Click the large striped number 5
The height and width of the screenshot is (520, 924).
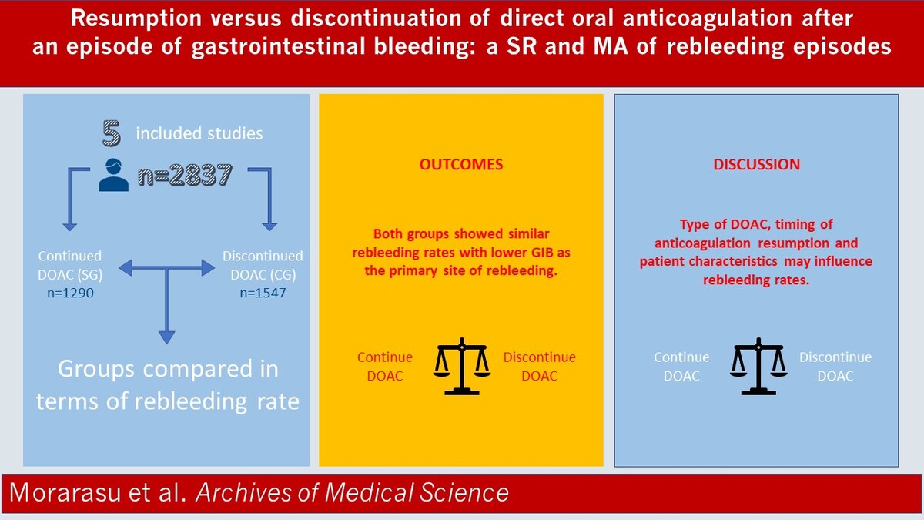pyautogui.click(x=112, y=133)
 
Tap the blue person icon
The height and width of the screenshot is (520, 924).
pyautogui.click(x=113, y=175)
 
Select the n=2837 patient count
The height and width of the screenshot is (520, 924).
pyautogui.click(x=186, y=175)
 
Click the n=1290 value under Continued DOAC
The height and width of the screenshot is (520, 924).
pyautogui.click(x=70, y=293)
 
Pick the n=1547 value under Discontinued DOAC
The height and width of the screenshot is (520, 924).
pyautogui.click(x=263, y=293)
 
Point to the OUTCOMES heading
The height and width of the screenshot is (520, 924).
pyautogui.click(x=461, y=164)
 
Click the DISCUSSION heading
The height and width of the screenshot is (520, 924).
pyautogui.click(x=756, y=164)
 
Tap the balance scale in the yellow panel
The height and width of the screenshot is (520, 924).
pyautogui.click(x=461, y=367)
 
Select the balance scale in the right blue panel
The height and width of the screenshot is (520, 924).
pyautogui.click(x=758, y=367)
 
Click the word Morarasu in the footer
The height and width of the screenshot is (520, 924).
pyautogui.click(x=65, y=492)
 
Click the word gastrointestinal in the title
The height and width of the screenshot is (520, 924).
pyautogui.click(x=279, y=46)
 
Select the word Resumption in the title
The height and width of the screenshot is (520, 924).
pyautogui.click(x=136, y=19)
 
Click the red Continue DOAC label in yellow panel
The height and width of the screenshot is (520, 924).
pyautogui.click(x=385, y=367)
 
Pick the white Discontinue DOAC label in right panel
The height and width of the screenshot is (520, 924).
pyautogui.click(x=835, y=367)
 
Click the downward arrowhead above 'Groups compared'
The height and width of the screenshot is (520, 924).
pyautogui.click(x=166, y=337)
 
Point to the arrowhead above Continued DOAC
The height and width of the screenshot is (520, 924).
pyautogui.click(x=70, y=226)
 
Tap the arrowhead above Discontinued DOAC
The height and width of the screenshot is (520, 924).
pyautogui.click(x=269, y=226)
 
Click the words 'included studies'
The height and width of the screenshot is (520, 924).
pyautogui.click(x=199, y=133)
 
